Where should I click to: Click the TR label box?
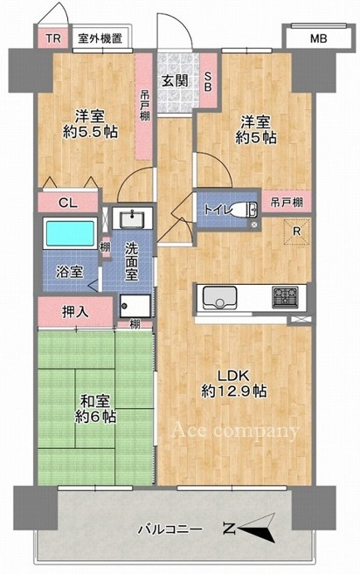click(53, 38)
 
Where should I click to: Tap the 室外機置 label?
click(100, 38)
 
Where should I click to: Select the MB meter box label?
click(318, 38)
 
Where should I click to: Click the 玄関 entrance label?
click(175, 81)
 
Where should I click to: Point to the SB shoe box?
click(208, 81)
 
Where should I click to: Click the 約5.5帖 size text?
click(90, 132)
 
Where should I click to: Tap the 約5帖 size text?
click(256, 137)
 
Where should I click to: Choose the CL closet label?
click(68, 203)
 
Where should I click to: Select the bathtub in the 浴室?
click(70, 233)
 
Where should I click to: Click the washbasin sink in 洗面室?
click(133, 218)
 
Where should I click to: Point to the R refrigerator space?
click(297, 232)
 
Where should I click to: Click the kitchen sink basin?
click(219, 297)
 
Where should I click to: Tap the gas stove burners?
click(285, 297)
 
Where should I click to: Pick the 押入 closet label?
click(75, 312)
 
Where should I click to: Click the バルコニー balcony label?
click(170, 529)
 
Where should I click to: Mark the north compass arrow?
click(256, 529)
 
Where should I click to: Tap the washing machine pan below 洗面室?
click(135, 306)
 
